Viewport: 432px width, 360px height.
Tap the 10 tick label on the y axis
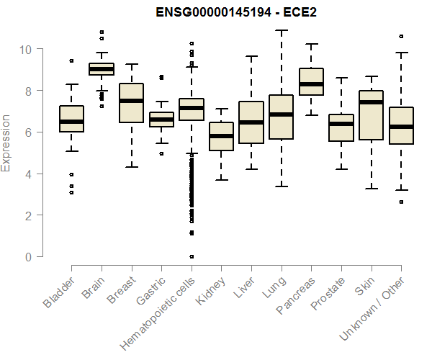point(25,50)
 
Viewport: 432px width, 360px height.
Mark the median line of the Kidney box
point(221,136)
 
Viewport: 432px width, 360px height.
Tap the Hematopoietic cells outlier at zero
point(191,256)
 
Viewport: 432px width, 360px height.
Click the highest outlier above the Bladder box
point(71,61)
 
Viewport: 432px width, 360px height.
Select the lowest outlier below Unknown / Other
point(401,202)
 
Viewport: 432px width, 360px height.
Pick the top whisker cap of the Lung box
point(281,31)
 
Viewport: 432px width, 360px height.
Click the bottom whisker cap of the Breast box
point(131,167)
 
